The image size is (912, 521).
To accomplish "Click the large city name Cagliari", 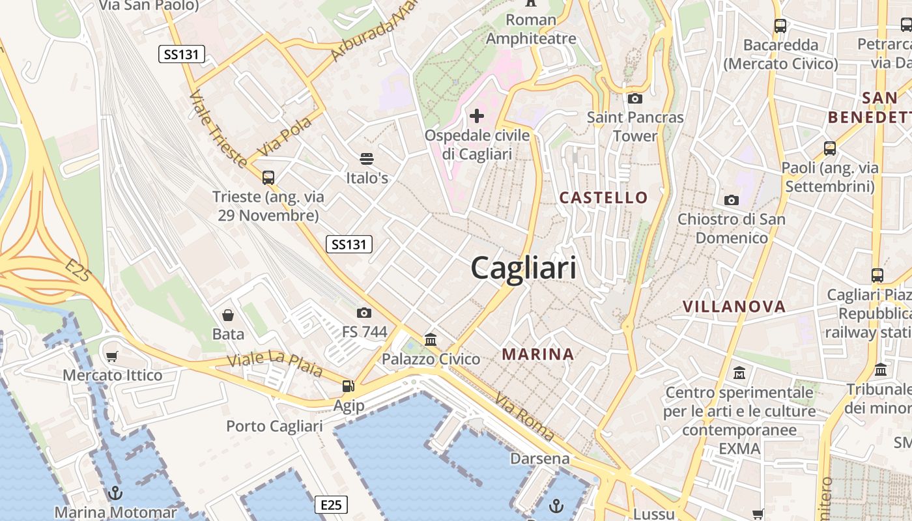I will tap(523, 267).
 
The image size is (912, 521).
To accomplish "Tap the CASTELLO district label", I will tap(604, 197).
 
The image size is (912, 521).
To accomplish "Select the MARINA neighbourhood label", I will tap(538, 354).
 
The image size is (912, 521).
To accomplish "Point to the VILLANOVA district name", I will tap(734, 306).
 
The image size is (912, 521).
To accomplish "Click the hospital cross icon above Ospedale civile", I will tap(477, 116).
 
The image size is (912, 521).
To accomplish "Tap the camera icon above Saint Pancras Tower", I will tap(634, 99).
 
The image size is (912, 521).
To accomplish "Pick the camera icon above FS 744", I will tap(364, 313).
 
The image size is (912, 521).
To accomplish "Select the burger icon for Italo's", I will tap(367, 159).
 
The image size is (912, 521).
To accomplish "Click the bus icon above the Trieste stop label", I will tap(268, 177).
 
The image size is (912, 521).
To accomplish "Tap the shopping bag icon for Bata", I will tap(228, 316).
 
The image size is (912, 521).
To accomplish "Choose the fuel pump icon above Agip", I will tap(349, 386).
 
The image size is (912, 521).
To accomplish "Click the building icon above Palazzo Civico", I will tap(431, 340).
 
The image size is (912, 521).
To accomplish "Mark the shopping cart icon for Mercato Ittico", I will tap(112, 356).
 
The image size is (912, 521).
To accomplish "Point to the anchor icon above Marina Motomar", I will tap(115, 493).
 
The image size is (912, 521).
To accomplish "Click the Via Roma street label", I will tap(524, 417).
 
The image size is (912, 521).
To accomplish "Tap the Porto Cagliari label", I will tap(274, 426).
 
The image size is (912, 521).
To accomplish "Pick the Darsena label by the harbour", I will tap(539, 458).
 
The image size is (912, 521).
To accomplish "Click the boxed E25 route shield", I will tap(331, 504).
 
